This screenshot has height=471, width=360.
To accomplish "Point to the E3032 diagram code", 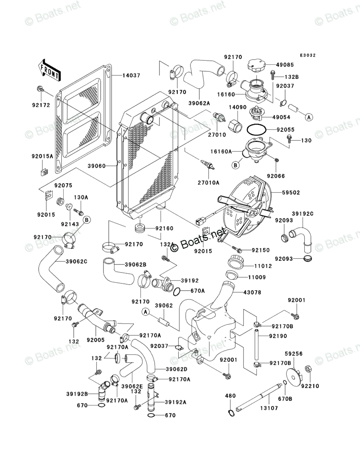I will (308, 56).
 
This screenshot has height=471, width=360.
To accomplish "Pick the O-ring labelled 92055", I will (255, 130).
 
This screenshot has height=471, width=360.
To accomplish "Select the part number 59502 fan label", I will (291, 193).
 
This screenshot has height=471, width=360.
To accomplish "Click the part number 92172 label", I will (41, 105).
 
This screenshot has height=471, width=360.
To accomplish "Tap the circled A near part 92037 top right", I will (308, 117).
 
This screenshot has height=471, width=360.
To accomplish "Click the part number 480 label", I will (230, 396).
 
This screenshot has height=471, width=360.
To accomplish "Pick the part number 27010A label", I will (211, 182).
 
